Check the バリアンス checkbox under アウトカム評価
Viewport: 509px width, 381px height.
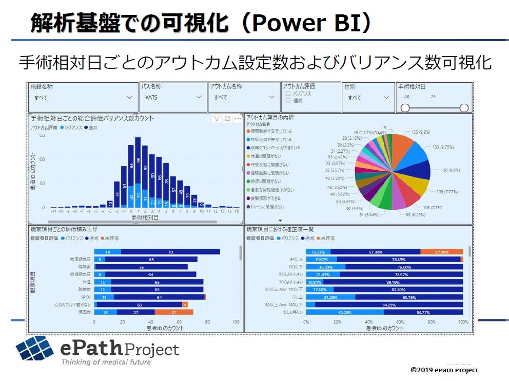coord(288,94)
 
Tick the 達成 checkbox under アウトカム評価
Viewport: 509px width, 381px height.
coord(288,100)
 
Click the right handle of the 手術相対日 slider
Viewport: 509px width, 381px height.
coord(464,108)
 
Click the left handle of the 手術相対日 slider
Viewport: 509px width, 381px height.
coord(405,108)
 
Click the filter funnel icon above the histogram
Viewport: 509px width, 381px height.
coord(217,119)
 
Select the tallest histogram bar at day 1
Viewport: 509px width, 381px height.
coord(138,172)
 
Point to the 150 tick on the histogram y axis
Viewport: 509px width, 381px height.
coord(42,136)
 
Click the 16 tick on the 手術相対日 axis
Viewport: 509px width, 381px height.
coord(237,211)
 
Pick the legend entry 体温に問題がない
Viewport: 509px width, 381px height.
coord(269,156)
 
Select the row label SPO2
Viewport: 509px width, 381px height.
coord(85,297)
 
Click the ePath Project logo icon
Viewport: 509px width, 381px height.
coord(35,348)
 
